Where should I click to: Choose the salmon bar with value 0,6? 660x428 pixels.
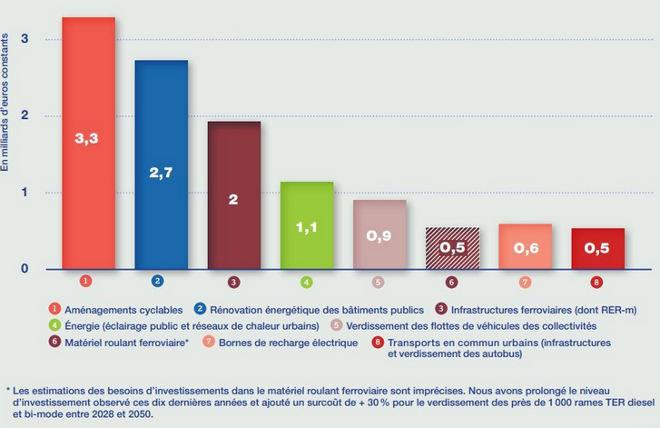(x=525, y=246)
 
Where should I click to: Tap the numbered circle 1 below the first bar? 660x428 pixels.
(x=85, y=282)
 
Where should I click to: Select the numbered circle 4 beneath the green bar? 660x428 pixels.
(x=307, y=282)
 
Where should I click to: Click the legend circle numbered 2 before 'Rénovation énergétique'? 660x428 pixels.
(x=202, y=309)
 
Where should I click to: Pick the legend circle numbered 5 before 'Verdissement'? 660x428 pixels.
(x=336, y=325)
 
